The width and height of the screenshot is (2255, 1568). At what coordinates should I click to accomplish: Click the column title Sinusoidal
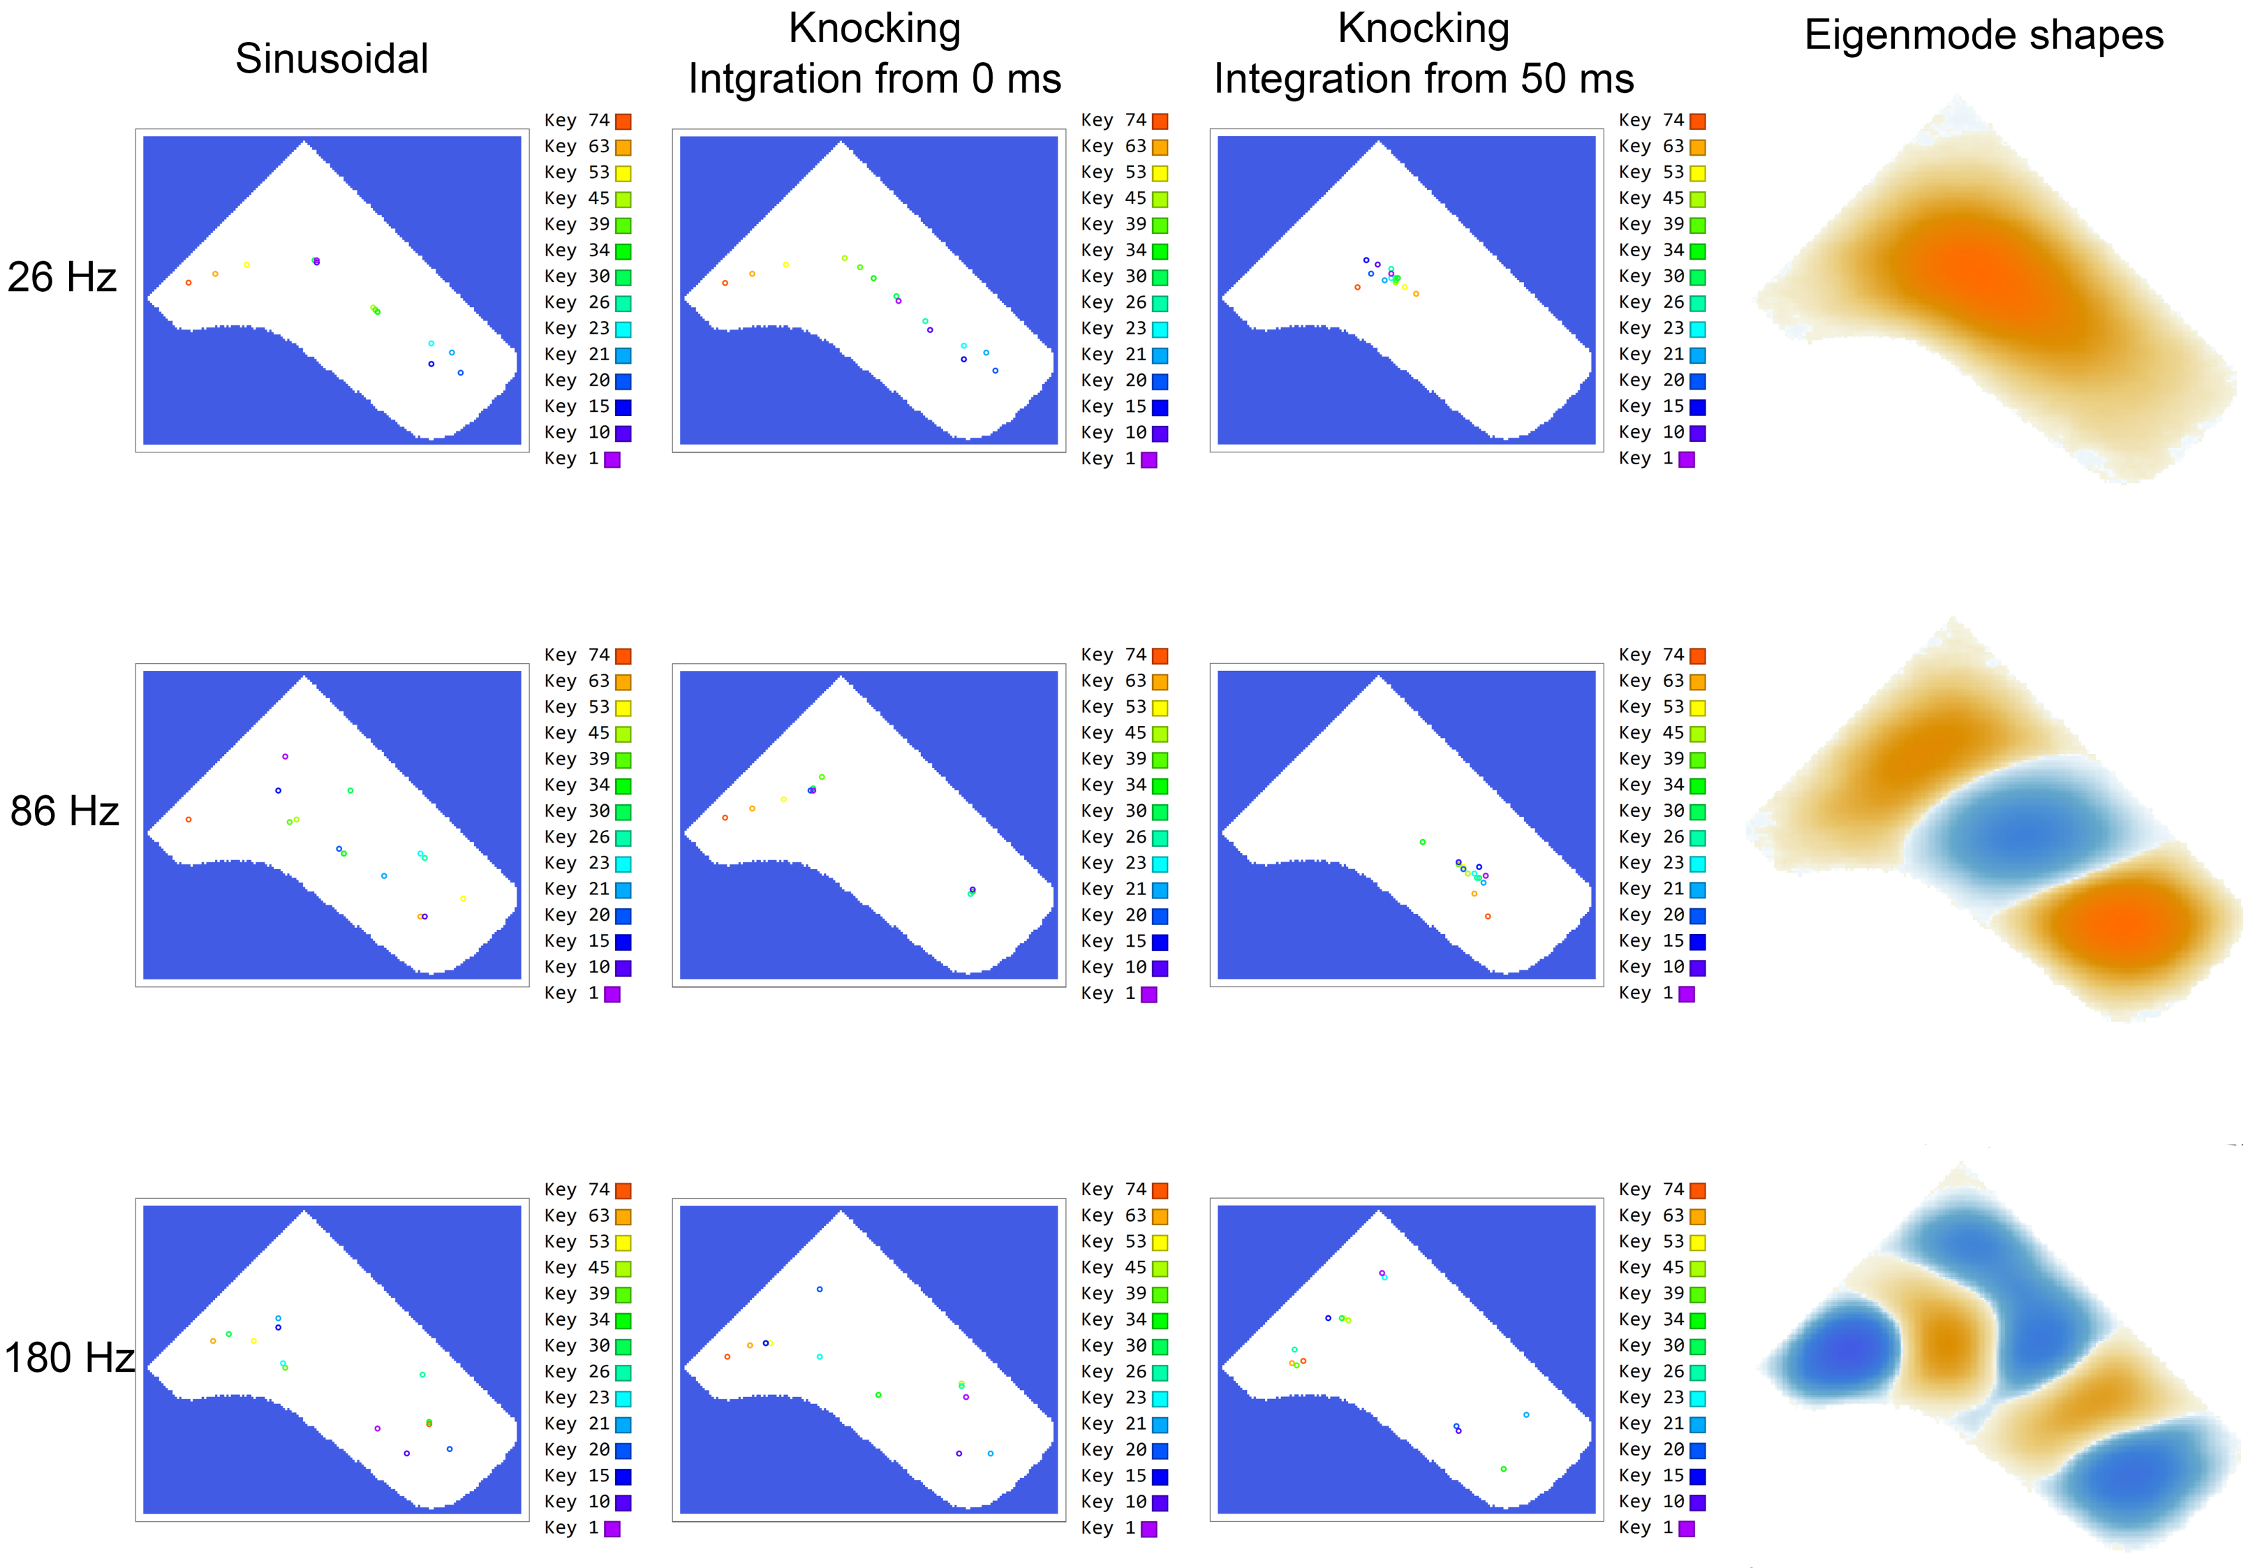pyautogui.click(x=332, y=59)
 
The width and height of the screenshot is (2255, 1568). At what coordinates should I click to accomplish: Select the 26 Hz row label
pyautogui.click(x=62, y=278)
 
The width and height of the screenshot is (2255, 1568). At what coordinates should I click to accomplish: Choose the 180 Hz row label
pyautogui.click(x=68, y=1358)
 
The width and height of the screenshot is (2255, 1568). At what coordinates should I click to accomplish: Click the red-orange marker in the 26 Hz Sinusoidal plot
pyautogui.click(x=188, y=283)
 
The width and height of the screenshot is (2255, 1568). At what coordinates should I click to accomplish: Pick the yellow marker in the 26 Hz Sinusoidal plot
pyautogui.click(x=246, y=264)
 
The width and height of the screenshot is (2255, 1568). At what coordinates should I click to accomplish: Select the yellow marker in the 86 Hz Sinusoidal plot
pyautogui.click(x=463, y=898)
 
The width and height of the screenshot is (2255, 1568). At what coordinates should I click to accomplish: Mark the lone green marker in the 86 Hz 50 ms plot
pyautogui.click(x=1422, y=841)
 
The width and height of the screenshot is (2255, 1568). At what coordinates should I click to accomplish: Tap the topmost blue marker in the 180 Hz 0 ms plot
pyautogui.click(x=819, y=1289)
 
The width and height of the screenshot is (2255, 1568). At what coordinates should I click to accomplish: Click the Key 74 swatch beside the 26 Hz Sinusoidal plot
pyautogui.click(x=623, y=121)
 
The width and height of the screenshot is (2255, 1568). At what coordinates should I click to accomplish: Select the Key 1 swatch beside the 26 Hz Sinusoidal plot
pyautogui.click(x=612, y=459)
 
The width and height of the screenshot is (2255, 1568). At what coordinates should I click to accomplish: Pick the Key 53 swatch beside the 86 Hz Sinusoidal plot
pyautogui.click(x=623, y=708)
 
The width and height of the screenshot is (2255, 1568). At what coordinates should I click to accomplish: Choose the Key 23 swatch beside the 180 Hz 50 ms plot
pyautogui.click(x=1697, y=1398)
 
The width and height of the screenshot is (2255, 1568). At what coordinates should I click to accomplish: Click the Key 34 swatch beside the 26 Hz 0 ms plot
pyautogui.click(x=1160, y=251)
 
